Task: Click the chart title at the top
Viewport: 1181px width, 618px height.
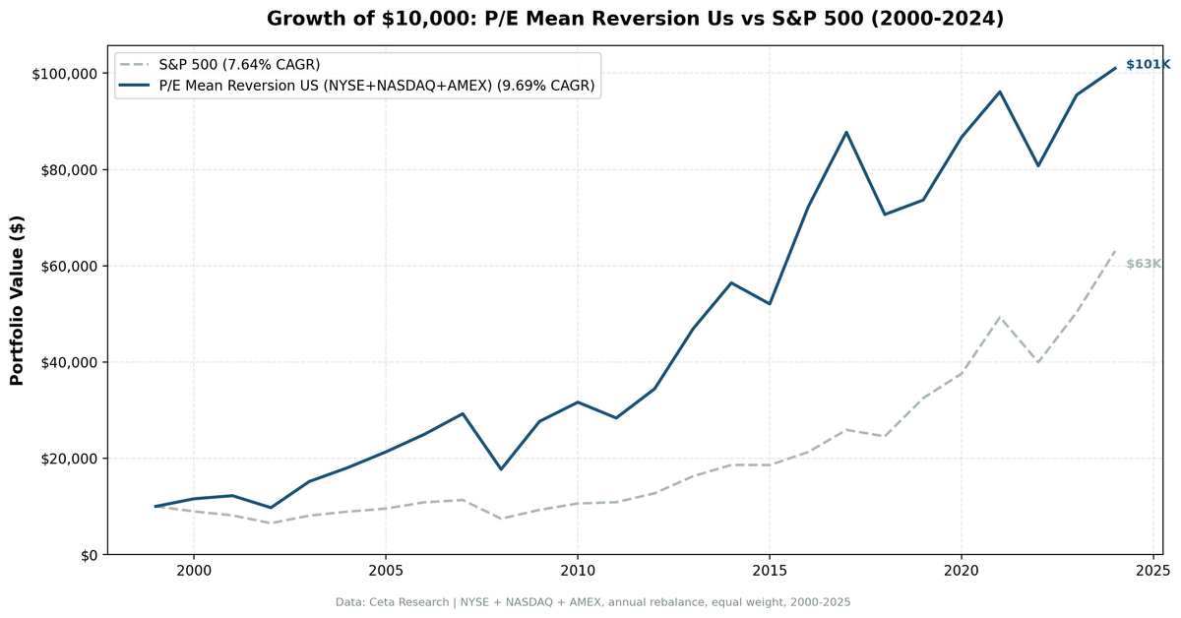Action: click(x=635, y=19)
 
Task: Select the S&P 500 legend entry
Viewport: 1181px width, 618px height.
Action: click(x=239, y=65)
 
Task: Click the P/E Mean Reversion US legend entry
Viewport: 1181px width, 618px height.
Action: click(x=376, y=86)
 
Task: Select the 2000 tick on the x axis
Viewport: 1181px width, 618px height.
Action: click(x=193, y=571)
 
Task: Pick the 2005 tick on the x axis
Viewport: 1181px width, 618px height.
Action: click(x=385, y=571)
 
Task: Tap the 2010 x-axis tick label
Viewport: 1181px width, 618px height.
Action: click(x=577, y=571)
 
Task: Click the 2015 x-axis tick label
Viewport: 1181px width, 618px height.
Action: click(x=769, y=571)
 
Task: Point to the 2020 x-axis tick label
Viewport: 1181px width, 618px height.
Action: click(x=961, y=571)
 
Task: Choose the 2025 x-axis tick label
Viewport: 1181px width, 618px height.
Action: click(x=1152, y=571)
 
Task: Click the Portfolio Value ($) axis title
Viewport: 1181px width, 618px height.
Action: click(x=17, y=300)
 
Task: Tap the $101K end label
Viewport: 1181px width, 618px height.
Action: click(x=1147, y=65)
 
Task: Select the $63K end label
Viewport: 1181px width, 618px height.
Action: click(x=1144, y=264)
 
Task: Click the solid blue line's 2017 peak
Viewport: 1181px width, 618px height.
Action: click(x=845, y=132)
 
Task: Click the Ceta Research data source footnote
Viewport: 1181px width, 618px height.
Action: click(x=592, y=602)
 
